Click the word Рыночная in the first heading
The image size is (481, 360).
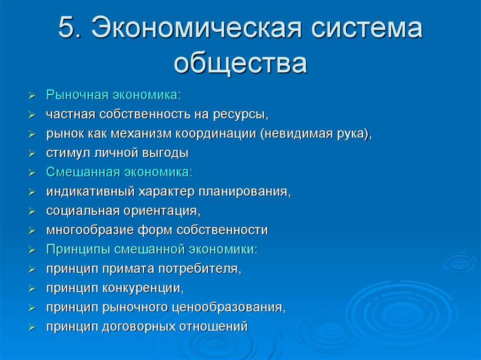click(x=77, y=95)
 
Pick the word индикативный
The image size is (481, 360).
click(x=89, y=191)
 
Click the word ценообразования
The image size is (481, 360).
click(x=228, y=307)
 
